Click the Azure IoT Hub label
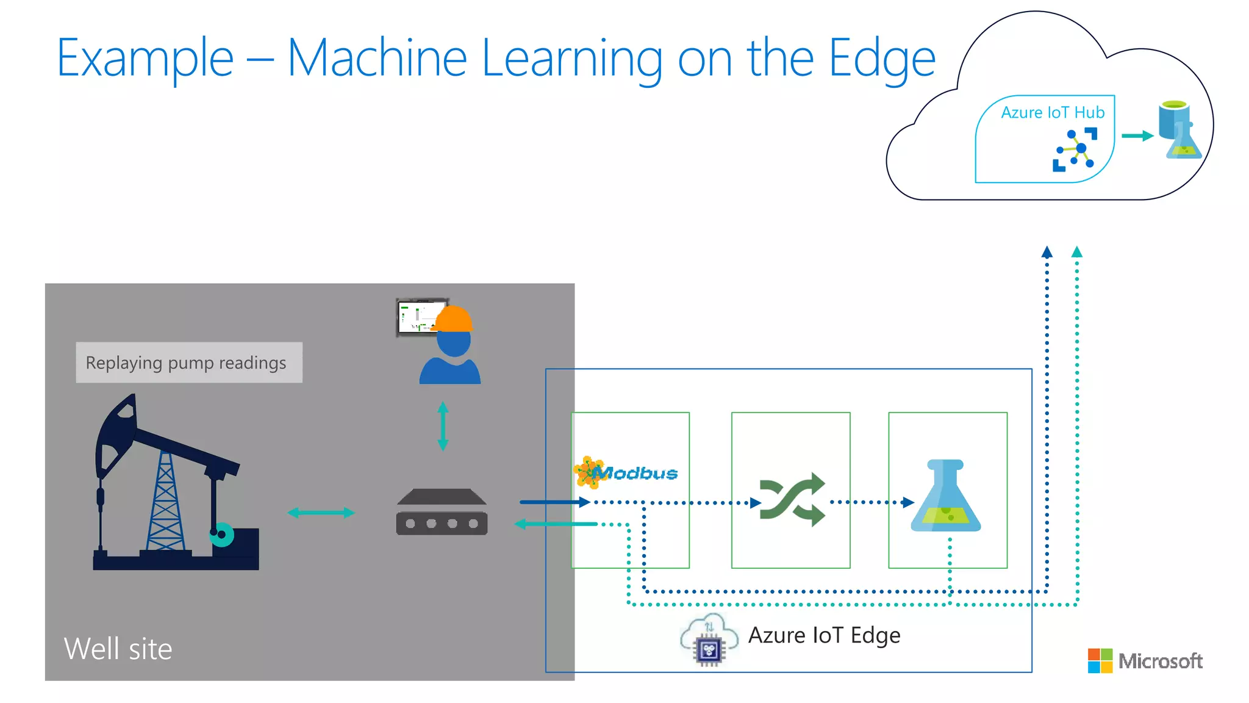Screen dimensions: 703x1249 tap(1052, 113)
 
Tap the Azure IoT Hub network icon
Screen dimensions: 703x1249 tap(1075, 150)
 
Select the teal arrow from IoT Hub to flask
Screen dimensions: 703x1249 tap(1137, 136)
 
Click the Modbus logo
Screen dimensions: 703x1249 tap(626, 472)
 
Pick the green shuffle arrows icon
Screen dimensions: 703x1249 tap(792, 499)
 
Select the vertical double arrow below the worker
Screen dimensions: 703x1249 tap(443, 426)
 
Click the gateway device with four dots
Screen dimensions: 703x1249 tap(442, 513)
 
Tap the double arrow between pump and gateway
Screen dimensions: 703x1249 tap(321, 513)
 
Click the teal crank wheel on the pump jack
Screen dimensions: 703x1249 tap(222, 535)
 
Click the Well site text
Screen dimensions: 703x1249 tap(118, 649)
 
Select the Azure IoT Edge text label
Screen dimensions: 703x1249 tap(824, 635)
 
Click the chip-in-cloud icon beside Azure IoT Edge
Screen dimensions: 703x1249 tap(709, 640)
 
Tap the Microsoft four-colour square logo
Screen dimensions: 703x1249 tap(1100, 661)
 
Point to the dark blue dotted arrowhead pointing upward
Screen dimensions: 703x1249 tap(1047, 251)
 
